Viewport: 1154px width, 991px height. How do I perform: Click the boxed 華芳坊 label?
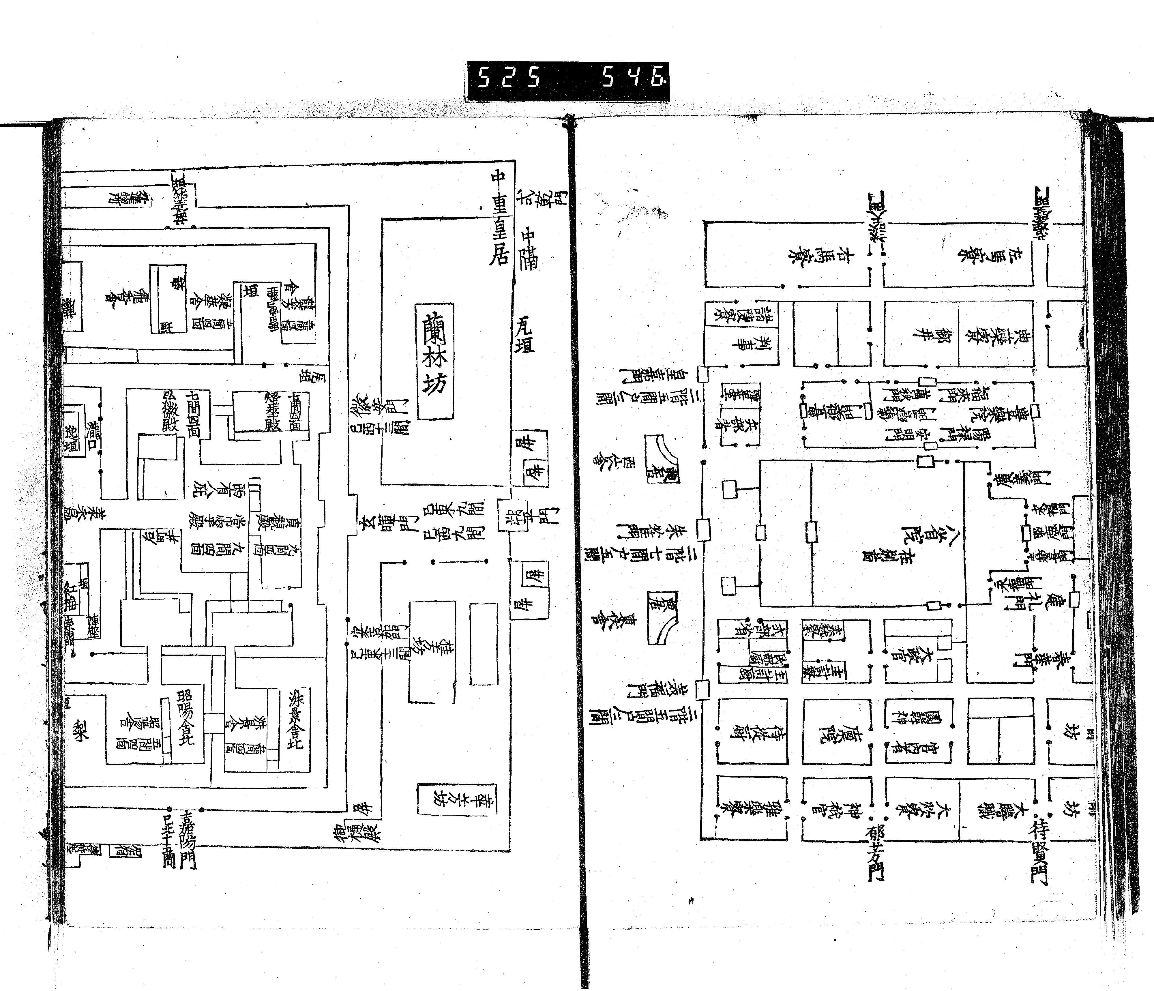(x=457, y=799)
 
